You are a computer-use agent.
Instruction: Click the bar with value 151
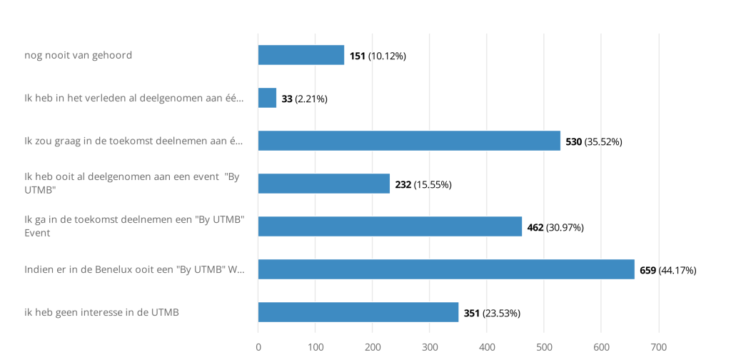301,55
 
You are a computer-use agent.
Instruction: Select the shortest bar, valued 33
267,98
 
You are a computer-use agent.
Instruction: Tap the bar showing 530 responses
409,141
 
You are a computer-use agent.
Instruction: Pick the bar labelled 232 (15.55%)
323,184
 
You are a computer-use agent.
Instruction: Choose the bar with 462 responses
390,226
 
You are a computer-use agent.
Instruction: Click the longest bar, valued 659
446,269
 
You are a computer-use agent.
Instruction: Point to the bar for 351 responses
358,312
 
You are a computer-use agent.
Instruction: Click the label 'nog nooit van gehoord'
78,55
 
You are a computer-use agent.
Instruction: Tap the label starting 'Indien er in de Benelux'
134,269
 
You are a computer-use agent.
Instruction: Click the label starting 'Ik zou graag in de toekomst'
133,141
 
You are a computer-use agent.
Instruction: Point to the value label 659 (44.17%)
667,270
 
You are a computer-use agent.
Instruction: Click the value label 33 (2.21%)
304,99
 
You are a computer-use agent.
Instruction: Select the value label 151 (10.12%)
378,56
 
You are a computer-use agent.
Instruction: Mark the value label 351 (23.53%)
492,313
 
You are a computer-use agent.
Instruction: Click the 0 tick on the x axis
258,347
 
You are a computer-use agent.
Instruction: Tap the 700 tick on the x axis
658,347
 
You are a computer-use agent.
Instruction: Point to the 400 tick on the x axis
487,347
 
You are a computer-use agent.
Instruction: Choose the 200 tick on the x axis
373,347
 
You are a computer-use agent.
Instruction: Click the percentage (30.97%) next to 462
565,227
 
